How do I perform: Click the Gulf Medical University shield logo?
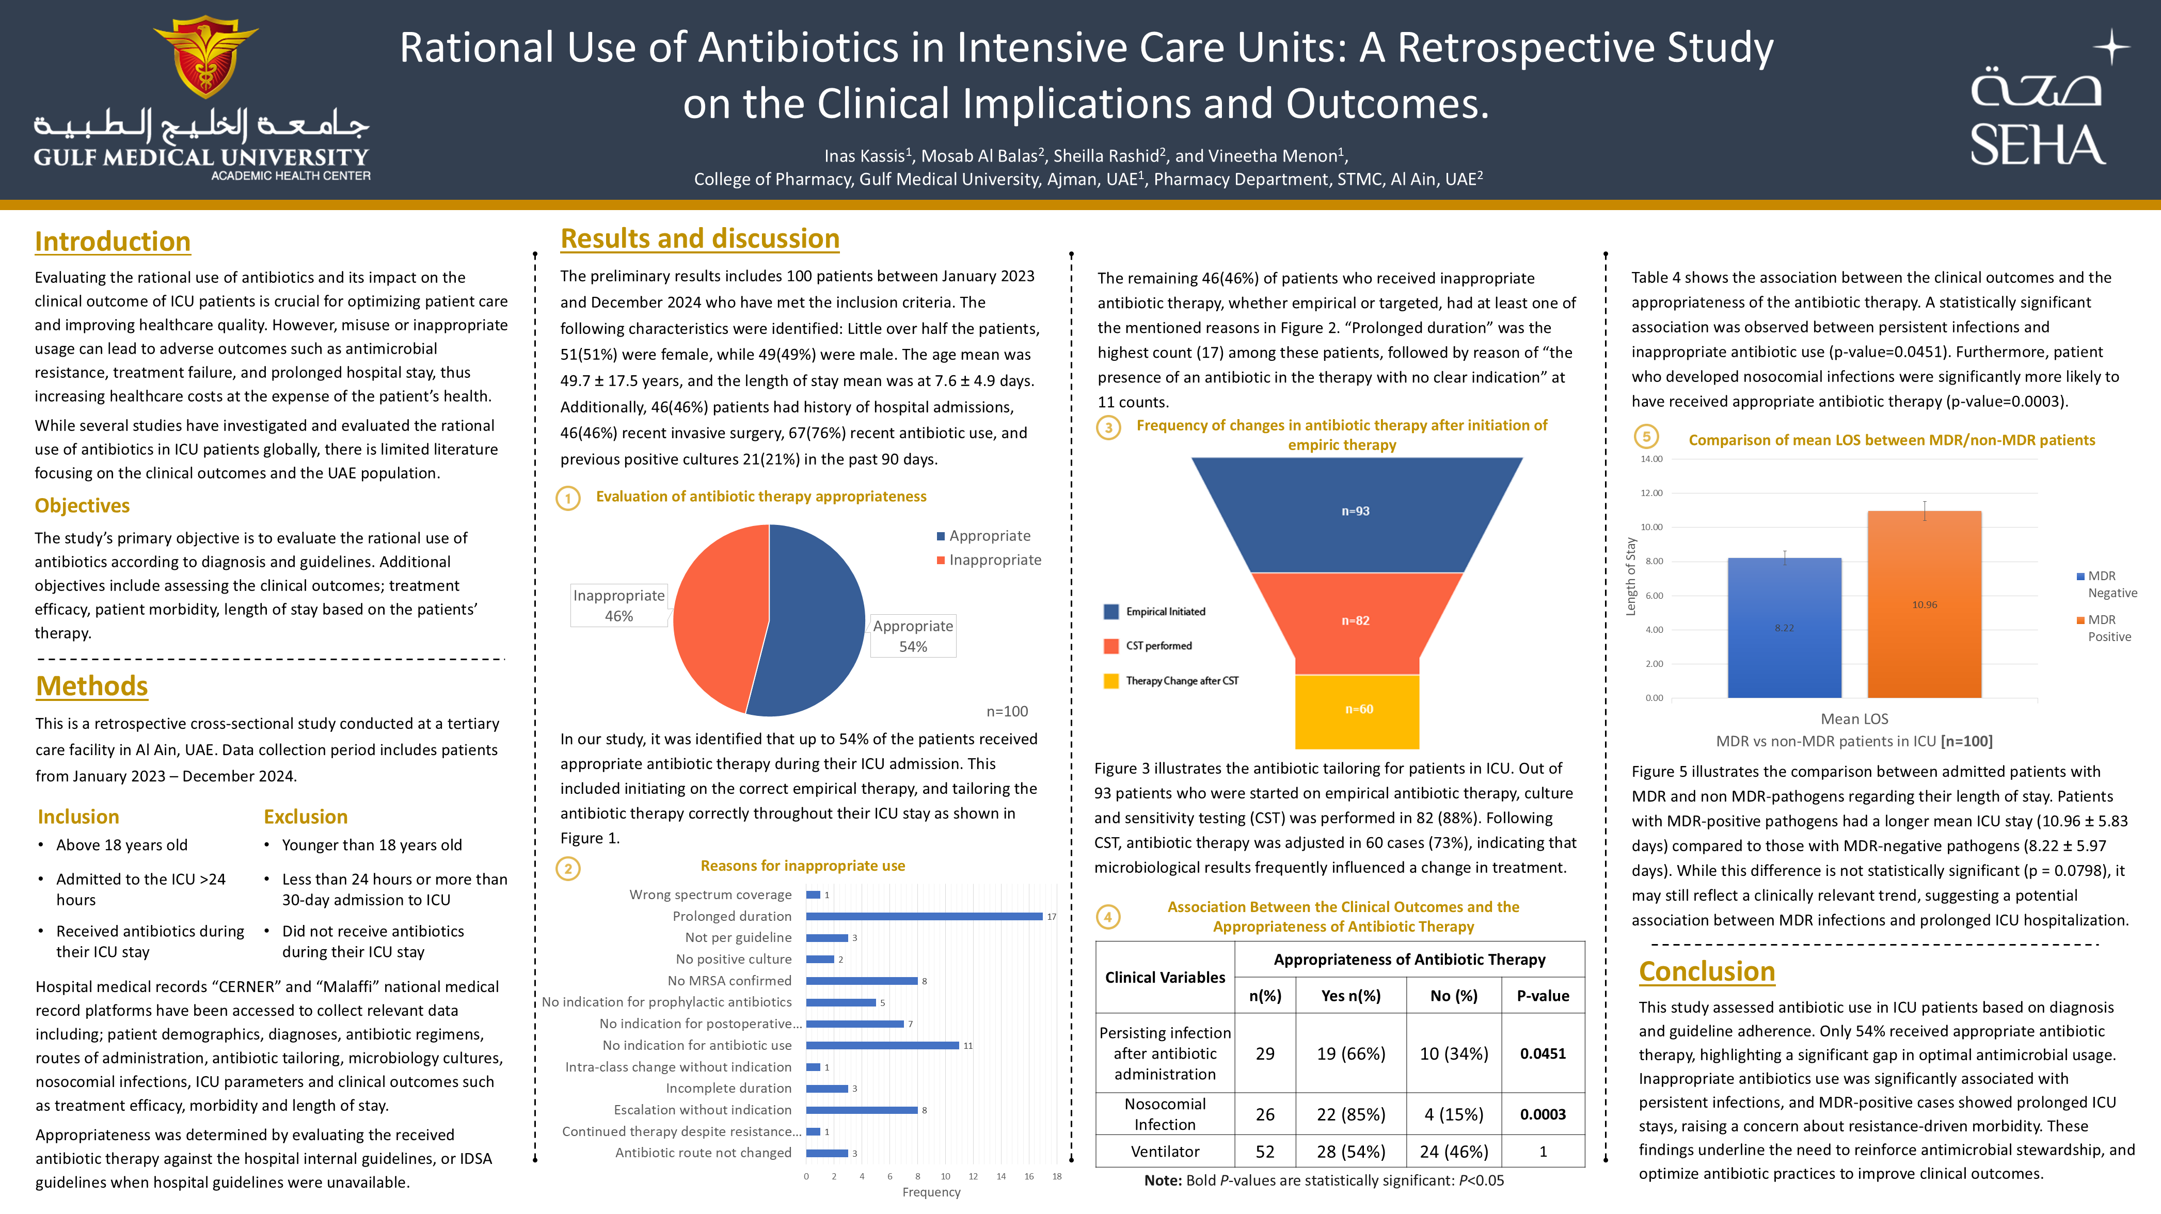205,57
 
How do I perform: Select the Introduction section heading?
113,242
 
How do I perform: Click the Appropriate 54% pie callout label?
913,636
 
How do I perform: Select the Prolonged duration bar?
924,916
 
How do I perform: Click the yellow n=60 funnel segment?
1357,710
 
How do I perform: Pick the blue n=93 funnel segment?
1356,512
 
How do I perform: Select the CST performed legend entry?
1157,646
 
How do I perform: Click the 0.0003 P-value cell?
1542,1114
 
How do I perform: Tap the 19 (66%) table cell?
1350,1054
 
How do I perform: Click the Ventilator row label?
1165,1152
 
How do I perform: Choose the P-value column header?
1542,996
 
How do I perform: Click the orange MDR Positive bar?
1924,604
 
